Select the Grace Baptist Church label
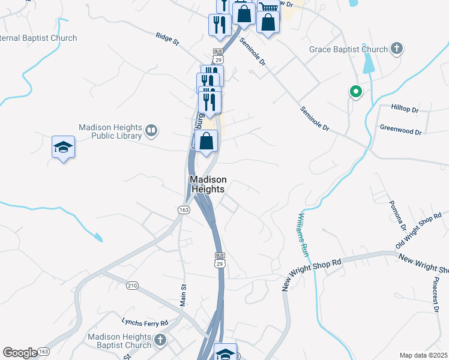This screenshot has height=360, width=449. click(x=349, y=49)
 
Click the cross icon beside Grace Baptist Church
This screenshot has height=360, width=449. click(x=396, y=49)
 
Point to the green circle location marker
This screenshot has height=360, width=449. click(x=355, y=92)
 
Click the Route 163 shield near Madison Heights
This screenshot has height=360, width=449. click(x=184, y=209)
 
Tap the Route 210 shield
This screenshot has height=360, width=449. click(x=132, y=285)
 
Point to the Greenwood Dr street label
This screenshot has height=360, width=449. click(x=401, y=129)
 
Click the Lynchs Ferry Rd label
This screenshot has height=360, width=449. click(x=145, y=322)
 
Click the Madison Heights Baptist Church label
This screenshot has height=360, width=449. click(x=119, y=341)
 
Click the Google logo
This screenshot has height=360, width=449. click(x=19, y=353)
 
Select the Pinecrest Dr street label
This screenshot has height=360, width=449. click(x=435, y=293)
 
